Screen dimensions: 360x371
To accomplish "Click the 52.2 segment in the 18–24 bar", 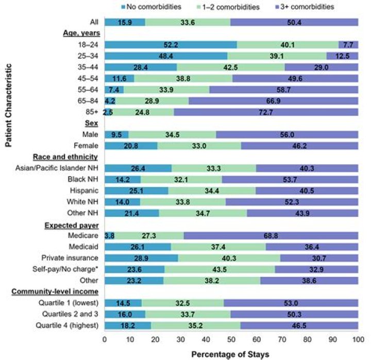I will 170,44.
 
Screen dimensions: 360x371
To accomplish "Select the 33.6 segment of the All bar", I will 188,22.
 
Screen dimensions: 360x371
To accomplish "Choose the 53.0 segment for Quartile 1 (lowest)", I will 291,303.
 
